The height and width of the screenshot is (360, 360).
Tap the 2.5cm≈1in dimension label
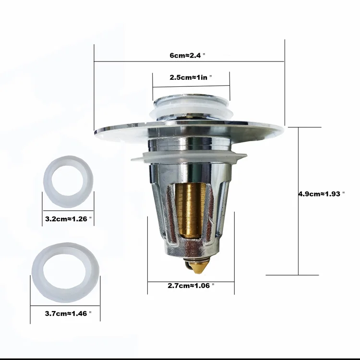click(191, 77)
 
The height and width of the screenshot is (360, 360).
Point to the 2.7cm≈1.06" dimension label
click(191, 285)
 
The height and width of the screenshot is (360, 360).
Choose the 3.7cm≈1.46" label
click(68, 313)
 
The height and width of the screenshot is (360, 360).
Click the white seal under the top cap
click(191, 111)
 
